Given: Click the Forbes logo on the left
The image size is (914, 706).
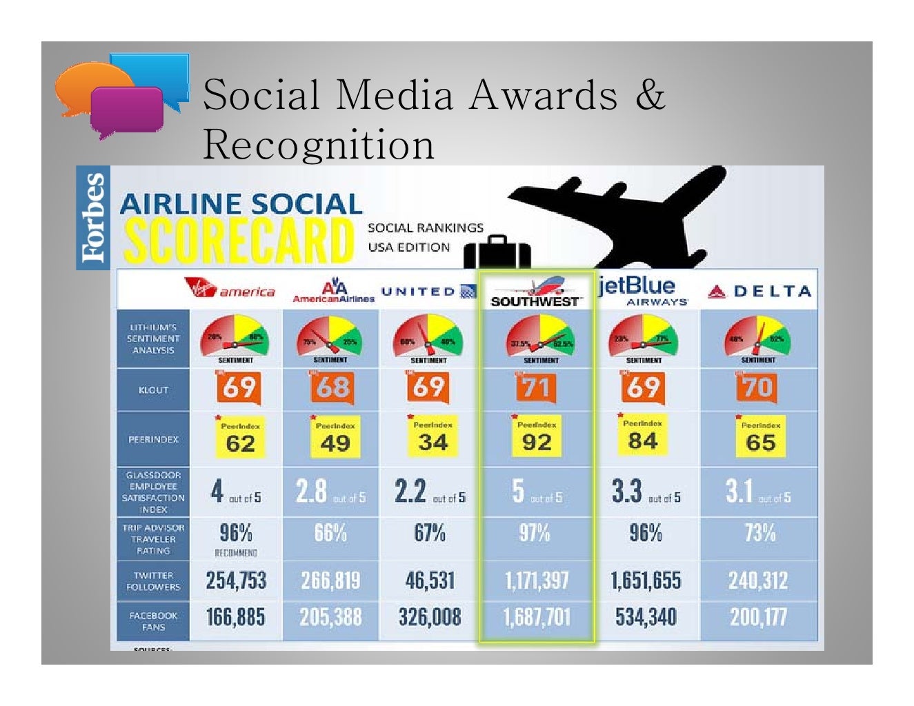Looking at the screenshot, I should (93, 218).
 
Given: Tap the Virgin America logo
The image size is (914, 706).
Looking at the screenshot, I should (230, 288).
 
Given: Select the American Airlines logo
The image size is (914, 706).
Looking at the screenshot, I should (333, 291).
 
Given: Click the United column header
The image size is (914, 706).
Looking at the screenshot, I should (428, 291).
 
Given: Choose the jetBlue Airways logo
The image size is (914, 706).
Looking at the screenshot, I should (643, 291).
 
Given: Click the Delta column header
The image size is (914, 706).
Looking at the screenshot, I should (759, 292).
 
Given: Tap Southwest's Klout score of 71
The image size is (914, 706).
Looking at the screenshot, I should (536, 387).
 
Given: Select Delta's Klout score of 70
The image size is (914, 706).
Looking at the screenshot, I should (758, 387).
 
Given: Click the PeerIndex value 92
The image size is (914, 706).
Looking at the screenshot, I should (537, 442).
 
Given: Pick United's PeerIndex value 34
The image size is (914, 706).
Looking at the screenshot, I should (433, 442).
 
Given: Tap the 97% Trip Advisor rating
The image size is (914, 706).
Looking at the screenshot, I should (535, 533).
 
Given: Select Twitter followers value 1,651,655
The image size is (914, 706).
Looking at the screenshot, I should (646, 581).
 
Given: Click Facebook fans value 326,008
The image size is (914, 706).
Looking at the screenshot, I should (429, 617).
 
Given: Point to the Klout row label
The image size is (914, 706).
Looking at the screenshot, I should (153, 390).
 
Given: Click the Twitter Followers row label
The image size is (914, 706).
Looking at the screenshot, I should (153, 581).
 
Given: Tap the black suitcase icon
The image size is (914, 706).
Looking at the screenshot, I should (497, 252).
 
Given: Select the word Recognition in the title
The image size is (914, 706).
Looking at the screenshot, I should (319, 145).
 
